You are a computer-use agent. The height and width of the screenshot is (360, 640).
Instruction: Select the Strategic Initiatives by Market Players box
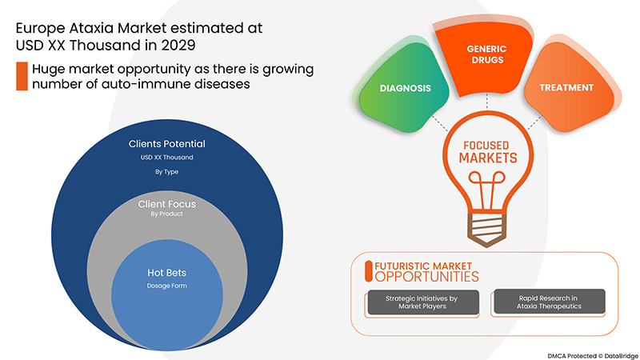[422, 302]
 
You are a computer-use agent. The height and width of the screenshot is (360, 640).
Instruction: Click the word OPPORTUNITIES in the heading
[426, 276]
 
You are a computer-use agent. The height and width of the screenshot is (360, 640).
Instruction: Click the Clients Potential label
[167, 144]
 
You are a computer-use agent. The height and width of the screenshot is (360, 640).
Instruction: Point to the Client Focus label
[167, 204]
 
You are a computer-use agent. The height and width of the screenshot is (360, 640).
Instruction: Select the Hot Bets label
[167, 272]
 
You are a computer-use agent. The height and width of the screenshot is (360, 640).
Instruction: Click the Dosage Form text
[167, 286]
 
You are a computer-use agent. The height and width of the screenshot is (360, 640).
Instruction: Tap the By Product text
[167, 215]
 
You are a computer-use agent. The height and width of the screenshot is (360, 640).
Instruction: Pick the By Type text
[167, 170]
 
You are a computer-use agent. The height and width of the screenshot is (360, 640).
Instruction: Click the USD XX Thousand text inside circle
[167, 157]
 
